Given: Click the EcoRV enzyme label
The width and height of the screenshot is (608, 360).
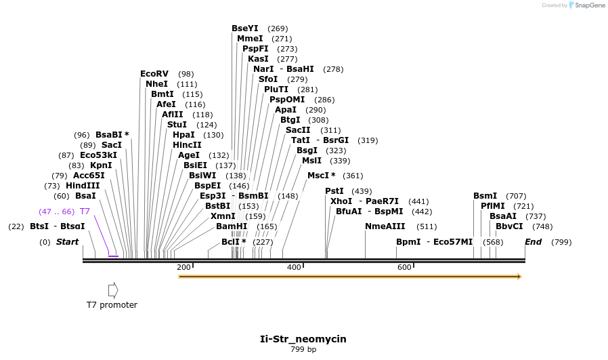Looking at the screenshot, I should coord(154,73).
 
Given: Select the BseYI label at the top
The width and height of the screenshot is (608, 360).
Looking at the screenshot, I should coord(245,28).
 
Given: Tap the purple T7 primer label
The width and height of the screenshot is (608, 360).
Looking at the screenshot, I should coord(85,212).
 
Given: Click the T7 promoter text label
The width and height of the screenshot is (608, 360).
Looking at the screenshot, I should coord(112,305).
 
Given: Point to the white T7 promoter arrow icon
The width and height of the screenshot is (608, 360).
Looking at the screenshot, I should coord(113,289).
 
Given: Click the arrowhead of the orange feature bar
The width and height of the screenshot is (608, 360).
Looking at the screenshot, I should coord(519,277).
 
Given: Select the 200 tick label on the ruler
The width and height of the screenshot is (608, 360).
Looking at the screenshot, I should coord(183,267).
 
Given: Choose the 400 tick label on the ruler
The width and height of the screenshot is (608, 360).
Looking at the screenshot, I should coord(294,267).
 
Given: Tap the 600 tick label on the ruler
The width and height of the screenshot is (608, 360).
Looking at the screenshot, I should coord(404,267).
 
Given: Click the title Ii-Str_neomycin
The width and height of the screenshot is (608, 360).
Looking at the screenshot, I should coord(303,339).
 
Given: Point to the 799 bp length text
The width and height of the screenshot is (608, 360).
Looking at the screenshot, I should coord(303,350).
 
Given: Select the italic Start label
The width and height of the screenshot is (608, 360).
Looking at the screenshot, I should coord(67,242).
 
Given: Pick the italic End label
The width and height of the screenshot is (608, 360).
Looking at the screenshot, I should coord(533,242).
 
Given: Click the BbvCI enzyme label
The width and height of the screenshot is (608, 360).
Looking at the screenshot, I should coord(509,226).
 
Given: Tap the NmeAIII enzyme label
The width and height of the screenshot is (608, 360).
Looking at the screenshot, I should coord(385,226).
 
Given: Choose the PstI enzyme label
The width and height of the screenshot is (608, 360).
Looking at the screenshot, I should coord(334,191).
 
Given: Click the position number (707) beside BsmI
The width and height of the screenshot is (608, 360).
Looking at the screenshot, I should coord(516,196).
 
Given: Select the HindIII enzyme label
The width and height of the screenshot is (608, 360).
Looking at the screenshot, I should coord(83,186).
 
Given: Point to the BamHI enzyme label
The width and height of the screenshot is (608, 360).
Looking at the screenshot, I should coord(232,226).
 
